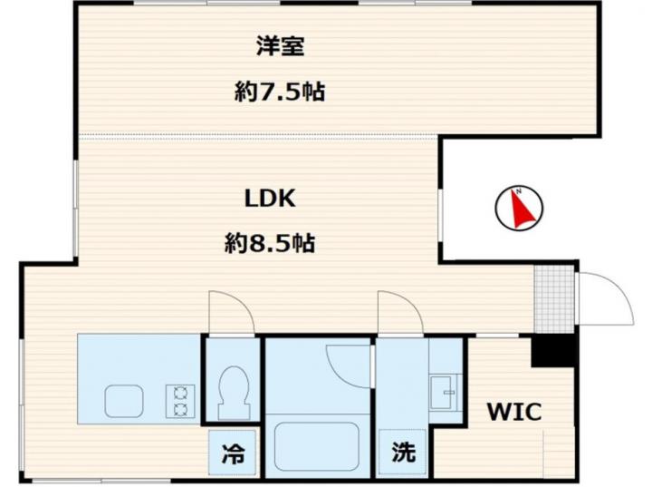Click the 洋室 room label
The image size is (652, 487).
pos(280,46)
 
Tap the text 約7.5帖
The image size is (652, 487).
pos(280,92)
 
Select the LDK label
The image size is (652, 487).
pos(270,199)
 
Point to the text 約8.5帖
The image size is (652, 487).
pos(270,243)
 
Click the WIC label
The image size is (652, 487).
pos(514,412)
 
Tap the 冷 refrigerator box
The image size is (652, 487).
pos(232,453)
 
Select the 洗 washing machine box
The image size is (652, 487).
pos(402,452)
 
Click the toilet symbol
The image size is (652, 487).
pos(234,393)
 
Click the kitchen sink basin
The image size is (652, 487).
pos(124,401)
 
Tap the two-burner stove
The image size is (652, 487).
pos(180,401)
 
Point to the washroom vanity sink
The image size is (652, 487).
pos(444,393)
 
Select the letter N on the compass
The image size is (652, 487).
pos(519,191)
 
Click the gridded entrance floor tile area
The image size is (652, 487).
pos(555,298)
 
